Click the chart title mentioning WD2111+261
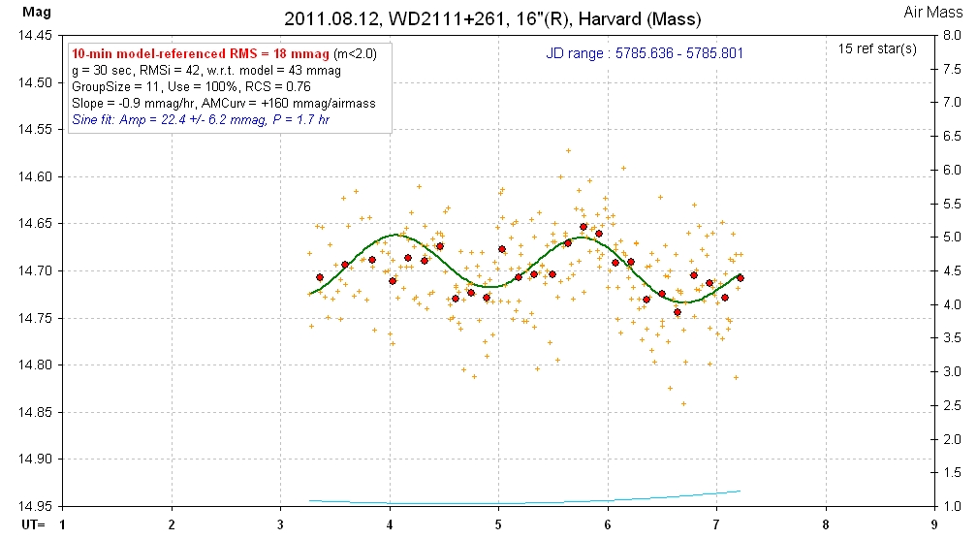pyautogui.click(x=492, y=18)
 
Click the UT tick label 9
pyautogui.click(x=933, y=525)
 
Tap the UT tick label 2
pyautogui.click(x=172, y=525)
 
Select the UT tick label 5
pyautogui.click(x=498, y=525)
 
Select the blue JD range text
pyautogui.click(x=644, y=53)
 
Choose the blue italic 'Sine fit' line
pyautogui.click(x=201, y=119)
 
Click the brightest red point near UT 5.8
pyautogui.click(x=583, y=227)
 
